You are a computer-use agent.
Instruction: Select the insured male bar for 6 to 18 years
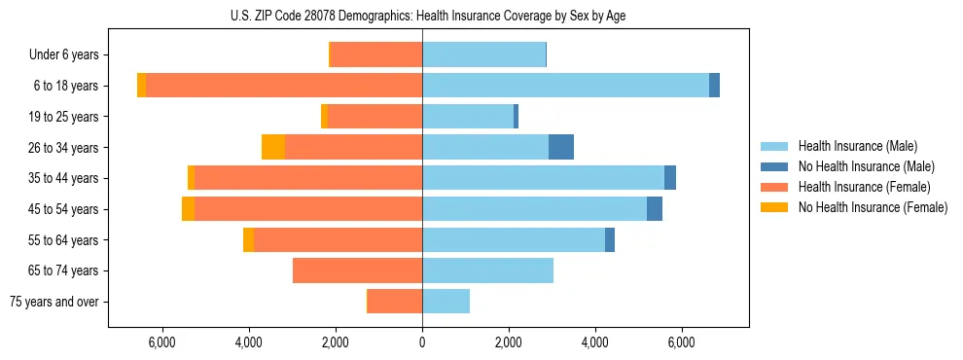(x=565, y=86)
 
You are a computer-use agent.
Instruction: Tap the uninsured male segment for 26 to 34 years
(x=561, y=147)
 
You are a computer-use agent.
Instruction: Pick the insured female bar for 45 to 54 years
(x=307, y=209)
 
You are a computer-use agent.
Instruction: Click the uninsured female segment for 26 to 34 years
(x=273, y=147)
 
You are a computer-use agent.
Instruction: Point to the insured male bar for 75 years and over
(x=446, y=302)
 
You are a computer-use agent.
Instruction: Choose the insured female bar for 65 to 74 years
(x=357, y=270)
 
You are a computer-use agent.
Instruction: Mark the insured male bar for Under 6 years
(x=483, y=54)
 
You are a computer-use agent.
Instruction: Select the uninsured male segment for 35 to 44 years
(x=670, y=178)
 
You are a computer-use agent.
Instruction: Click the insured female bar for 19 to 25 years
(x=374, y=117)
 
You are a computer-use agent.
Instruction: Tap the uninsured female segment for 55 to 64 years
(x=248, y=240)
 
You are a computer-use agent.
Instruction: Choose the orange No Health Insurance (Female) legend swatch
(x=775, y=207)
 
